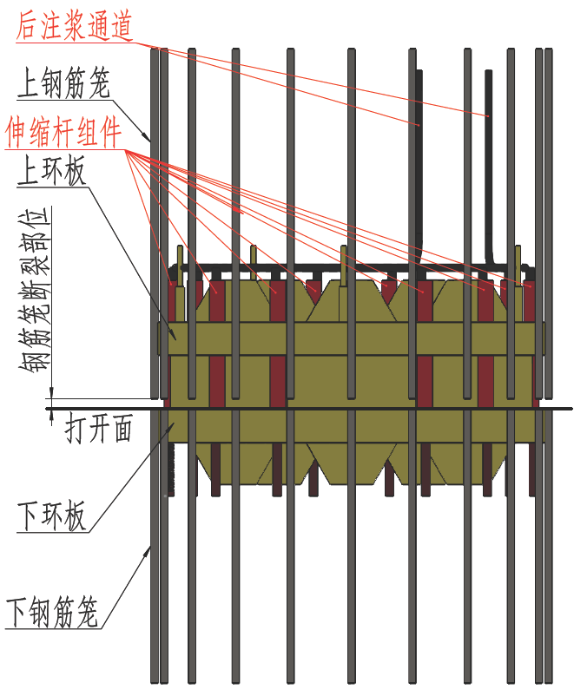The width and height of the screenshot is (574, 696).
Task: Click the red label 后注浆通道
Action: click(73, 27)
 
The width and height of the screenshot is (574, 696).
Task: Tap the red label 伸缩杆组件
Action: click(63, 133)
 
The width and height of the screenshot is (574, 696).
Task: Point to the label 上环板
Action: click(51, 173)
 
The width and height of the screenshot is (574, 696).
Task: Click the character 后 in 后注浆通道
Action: click(28, 27)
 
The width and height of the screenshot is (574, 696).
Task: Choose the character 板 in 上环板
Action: click(74, 173)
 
